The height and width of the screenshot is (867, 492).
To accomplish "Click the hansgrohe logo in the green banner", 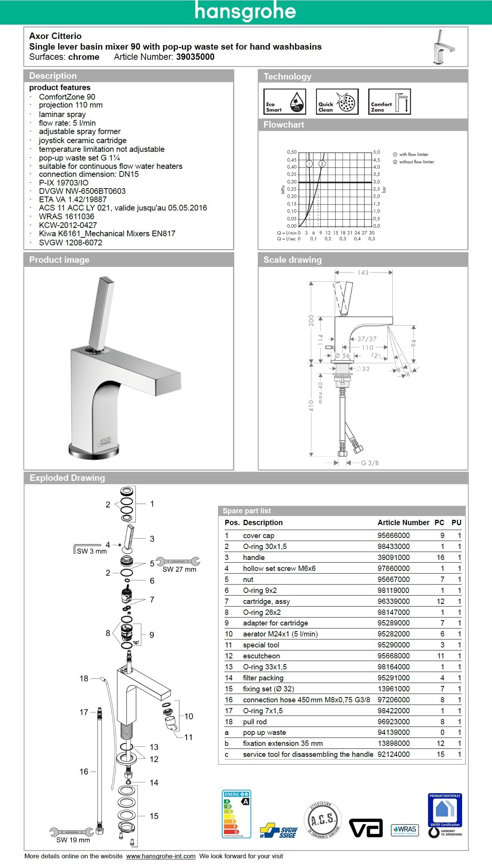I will (x=245, y=11).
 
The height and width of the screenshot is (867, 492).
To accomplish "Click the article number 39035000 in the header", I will (x=195, y=57).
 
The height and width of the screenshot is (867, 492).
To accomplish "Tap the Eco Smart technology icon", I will (x=284, y=101).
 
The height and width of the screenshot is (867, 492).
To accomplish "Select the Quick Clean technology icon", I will (x=337, y=101).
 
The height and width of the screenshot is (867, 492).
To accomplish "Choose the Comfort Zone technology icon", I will (x=389, y=101).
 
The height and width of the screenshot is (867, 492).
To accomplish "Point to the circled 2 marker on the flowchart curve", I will (x=322, y=164).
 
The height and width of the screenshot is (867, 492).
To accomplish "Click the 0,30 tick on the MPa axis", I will (x=291, y=182).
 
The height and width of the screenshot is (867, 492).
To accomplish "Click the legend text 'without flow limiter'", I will (x=416, y=162).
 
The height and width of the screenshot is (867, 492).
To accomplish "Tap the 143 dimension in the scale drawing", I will (x=363, y=272).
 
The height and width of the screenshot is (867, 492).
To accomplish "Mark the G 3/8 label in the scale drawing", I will (x=369, y=463).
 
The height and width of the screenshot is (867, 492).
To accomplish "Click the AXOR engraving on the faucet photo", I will (x=105, y=440).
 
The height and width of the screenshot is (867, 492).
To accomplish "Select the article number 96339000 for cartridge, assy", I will (x=393, y=601).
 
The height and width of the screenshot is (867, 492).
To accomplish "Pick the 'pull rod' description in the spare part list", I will (x=255, y=722).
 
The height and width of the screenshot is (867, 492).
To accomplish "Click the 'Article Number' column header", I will (x=403, y=522).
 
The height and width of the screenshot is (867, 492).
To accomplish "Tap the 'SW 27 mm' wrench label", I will (x=179, y=569).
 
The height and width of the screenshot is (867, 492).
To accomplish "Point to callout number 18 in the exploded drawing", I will (x=84, y=678).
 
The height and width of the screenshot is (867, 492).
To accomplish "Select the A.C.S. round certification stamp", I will (x=322, y=820).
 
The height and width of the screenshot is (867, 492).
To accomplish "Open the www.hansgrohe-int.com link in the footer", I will (x=160, y=856).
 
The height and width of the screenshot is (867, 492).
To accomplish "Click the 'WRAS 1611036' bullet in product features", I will (x=67, y=217).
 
